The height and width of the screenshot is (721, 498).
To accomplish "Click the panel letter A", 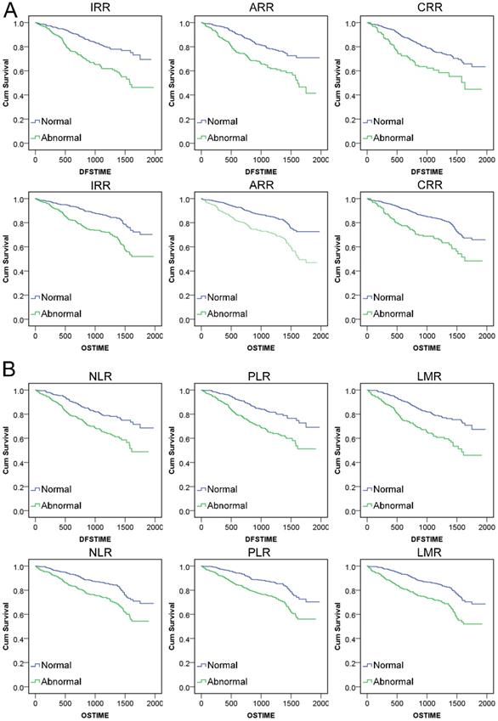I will coord(9,9).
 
